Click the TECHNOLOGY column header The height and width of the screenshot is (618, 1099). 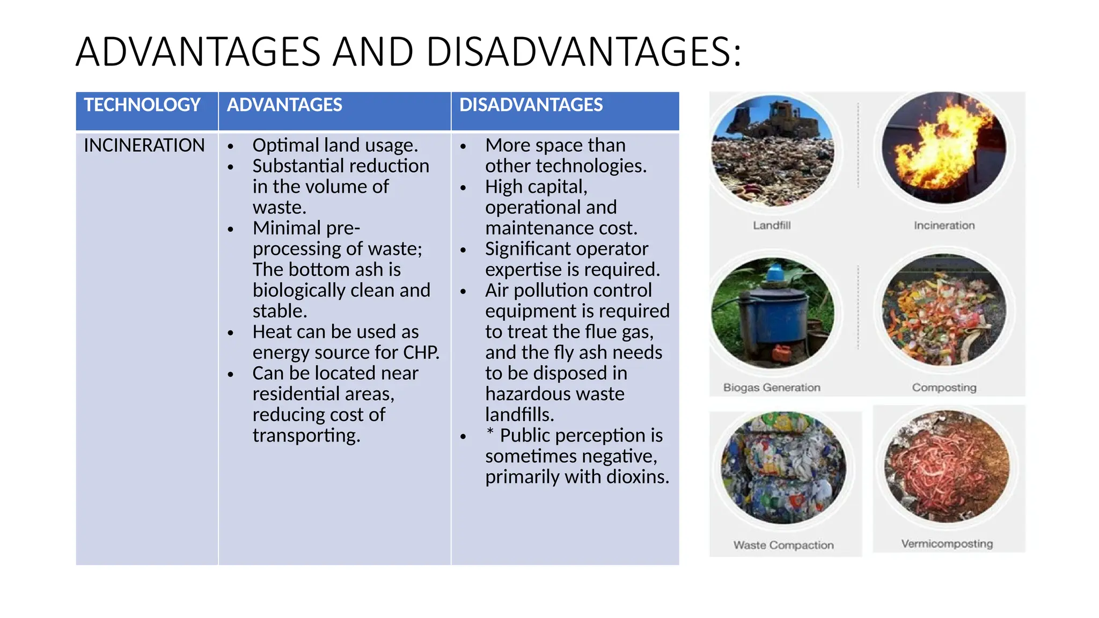coord(142,105)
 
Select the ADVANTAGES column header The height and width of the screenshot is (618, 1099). coord(284,105)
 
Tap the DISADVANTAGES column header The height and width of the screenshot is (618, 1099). coord(531,105)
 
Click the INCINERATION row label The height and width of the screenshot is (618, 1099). coord(144,145)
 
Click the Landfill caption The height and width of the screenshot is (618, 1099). coord(772,225)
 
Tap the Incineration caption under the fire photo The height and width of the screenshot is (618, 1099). coord(944,225)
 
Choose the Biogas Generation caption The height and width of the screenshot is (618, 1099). coord(772,387)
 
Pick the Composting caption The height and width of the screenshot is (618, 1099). coord(944,387)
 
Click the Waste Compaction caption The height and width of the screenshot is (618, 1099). coord(783,545)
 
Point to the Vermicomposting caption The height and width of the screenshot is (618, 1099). coord(947,544)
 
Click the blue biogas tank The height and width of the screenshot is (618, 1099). coord(772,317)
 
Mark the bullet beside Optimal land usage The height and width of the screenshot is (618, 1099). coord(231,146)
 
